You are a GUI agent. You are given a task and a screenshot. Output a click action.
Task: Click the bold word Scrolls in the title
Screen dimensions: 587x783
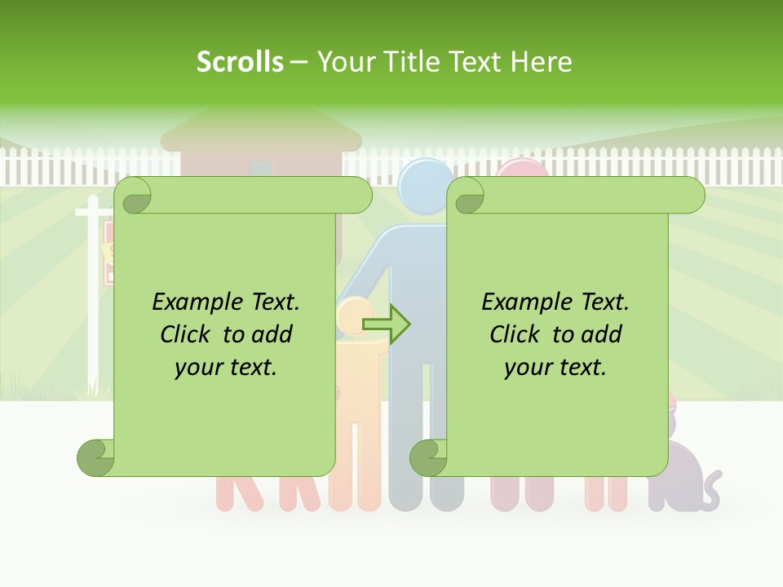point(240,61)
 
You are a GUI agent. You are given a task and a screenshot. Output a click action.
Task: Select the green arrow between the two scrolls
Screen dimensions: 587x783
point(387,324)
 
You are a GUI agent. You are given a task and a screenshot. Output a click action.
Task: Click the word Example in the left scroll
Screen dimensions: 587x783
point(194,302)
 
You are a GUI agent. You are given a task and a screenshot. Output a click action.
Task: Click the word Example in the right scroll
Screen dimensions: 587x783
point(524,302)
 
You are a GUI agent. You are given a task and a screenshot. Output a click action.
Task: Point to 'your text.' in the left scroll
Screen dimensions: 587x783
point(226,367)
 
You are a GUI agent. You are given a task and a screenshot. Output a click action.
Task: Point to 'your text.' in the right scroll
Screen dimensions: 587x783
point(555,367)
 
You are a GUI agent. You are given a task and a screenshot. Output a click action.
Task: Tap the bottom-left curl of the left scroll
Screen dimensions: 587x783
point(96,457)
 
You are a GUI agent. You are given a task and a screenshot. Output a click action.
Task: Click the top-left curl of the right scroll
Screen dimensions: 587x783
point(467,196)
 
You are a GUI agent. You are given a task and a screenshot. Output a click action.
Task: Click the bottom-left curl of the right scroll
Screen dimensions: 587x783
point(429,457)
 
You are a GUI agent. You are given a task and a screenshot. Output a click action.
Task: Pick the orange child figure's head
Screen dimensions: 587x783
point(354,314)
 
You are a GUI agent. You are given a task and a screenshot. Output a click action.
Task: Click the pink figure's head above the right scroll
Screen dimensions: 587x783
point(522,168)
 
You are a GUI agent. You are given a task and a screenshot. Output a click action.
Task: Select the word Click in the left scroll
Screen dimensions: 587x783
point(186,334)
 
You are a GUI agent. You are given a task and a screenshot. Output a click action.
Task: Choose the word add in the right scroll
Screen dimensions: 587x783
point(603,334)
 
